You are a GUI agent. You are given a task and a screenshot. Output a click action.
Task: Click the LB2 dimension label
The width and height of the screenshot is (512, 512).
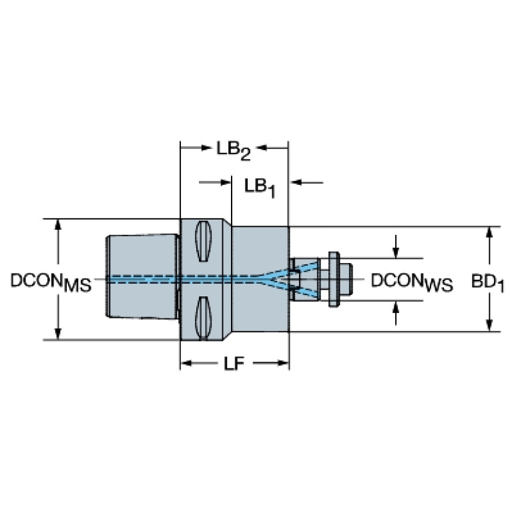coord(234,151)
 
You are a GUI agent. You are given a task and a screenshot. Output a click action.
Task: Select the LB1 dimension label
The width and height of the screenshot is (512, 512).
coord(260,188)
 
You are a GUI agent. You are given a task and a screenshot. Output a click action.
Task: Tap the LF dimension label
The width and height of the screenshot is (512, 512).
coord(234,364)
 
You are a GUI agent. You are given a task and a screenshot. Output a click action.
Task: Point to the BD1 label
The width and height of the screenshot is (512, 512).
coord(487,283)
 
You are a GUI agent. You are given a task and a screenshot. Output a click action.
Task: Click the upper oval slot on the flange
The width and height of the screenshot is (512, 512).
coord(203,241)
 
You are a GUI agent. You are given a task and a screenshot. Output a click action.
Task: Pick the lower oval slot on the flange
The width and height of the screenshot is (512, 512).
coord(203,318)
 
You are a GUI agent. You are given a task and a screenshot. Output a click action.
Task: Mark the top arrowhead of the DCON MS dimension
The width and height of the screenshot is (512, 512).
coord(58,225)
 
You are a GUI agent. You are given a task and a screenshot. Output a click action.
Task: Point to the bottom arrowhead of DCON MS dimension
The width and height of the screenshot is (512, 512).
coord(58,333)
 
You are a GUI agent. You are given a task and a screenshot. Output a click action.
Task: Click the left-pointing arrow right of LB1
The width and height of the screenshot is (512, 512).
coord(306,182)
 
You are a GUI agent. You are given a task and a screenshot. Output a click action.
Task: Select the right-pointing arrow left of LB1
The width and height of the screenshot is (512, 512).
coord(215,182)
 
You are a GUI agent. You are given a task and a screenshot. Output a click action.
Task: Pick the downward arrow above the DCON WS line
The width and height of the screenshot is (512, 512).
coord(396,246)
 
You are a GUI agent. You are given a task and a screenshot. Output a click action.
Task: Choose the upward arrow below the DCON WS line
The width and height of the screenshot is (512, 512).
coord(396,313)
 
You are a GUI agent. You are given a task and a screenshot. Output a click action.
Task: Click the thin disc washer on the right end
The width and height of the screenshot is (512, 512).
coord(333,279)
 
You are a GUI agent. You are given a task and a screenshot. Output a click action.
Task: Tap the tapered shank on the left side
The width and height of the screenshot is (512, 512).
coord(143,276)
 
